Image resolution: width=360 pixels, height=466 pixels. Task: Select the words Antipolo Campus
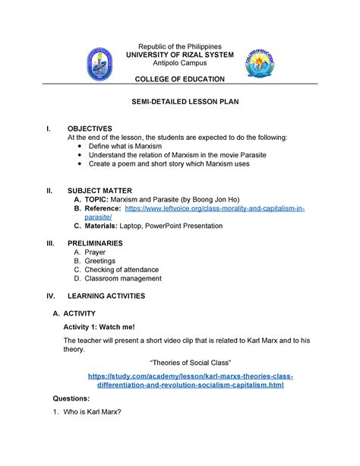point(180,63)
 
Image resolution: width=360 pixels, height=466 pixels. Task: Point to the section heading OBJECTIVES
point(90,128)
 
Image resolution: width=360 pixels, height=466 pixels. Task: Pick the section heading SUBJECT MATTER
point(100,190)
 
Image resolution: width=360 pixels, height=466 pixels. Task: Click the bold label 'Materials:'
point(103,226)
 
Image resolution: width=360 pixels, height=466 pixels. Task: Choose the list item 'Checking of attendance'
point(122,269)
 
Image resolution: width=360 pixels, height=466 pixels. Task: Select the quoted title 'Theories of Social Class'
point(180,361)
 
